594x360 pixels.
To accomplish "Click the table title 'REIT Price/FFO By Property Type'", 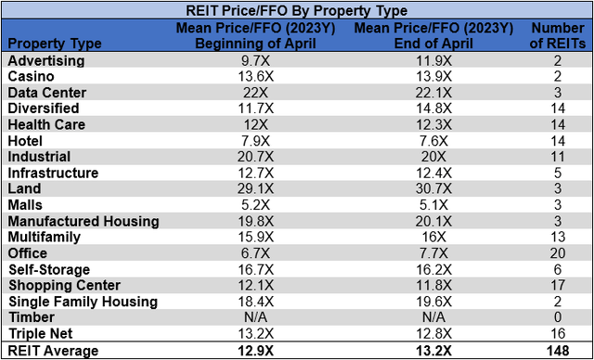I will [x=296, y=10].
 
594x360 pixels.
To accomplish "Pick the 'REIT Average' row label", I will [x=53, y=351].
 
